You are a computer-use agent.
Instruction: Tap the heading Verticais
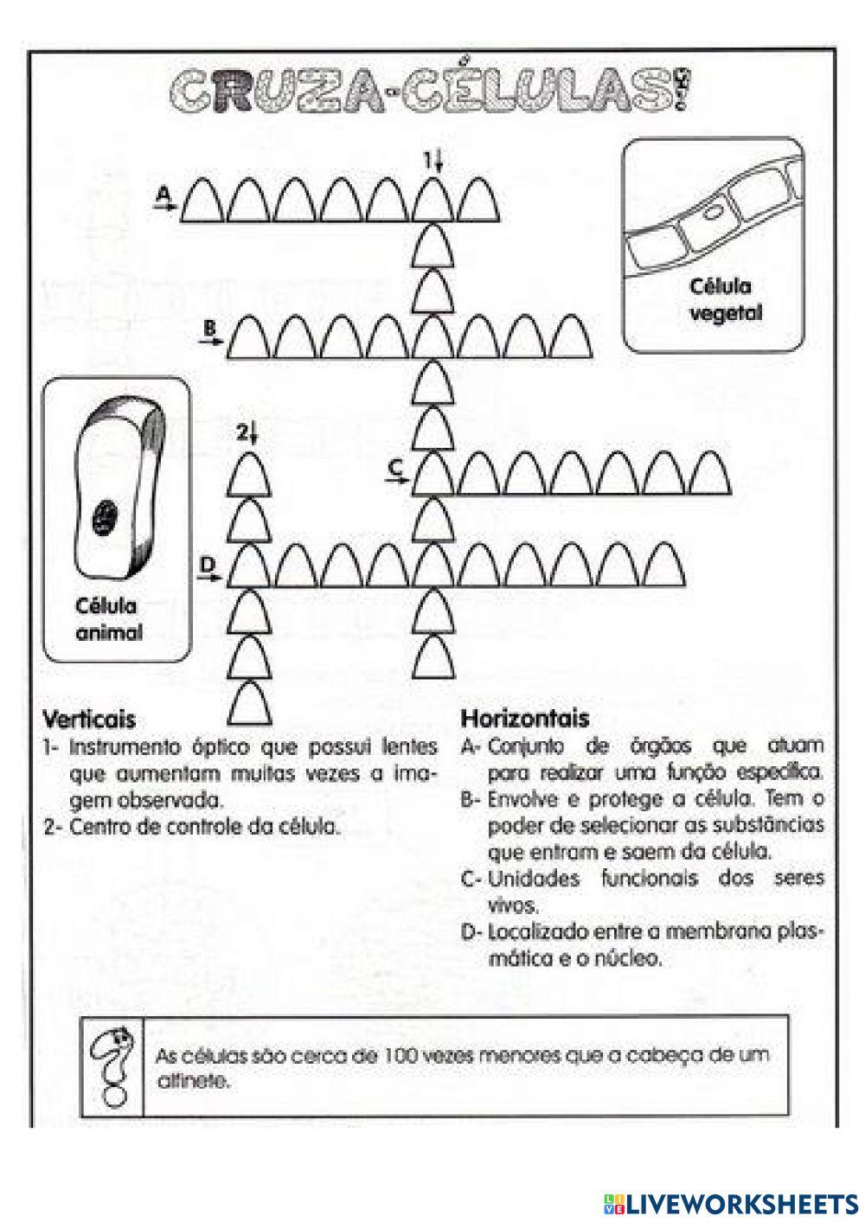pos(89,719)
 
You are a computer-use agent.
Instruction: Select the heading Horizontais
pos(525,718)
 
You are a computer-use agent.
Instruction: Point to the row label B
pos(208,328)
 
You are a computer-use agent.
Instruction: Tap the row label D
pos(207,565)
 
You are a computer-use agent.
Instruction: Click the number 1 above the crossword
pos(428,160)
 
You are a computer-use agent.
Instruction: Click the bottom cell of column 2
pos(250,703)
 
